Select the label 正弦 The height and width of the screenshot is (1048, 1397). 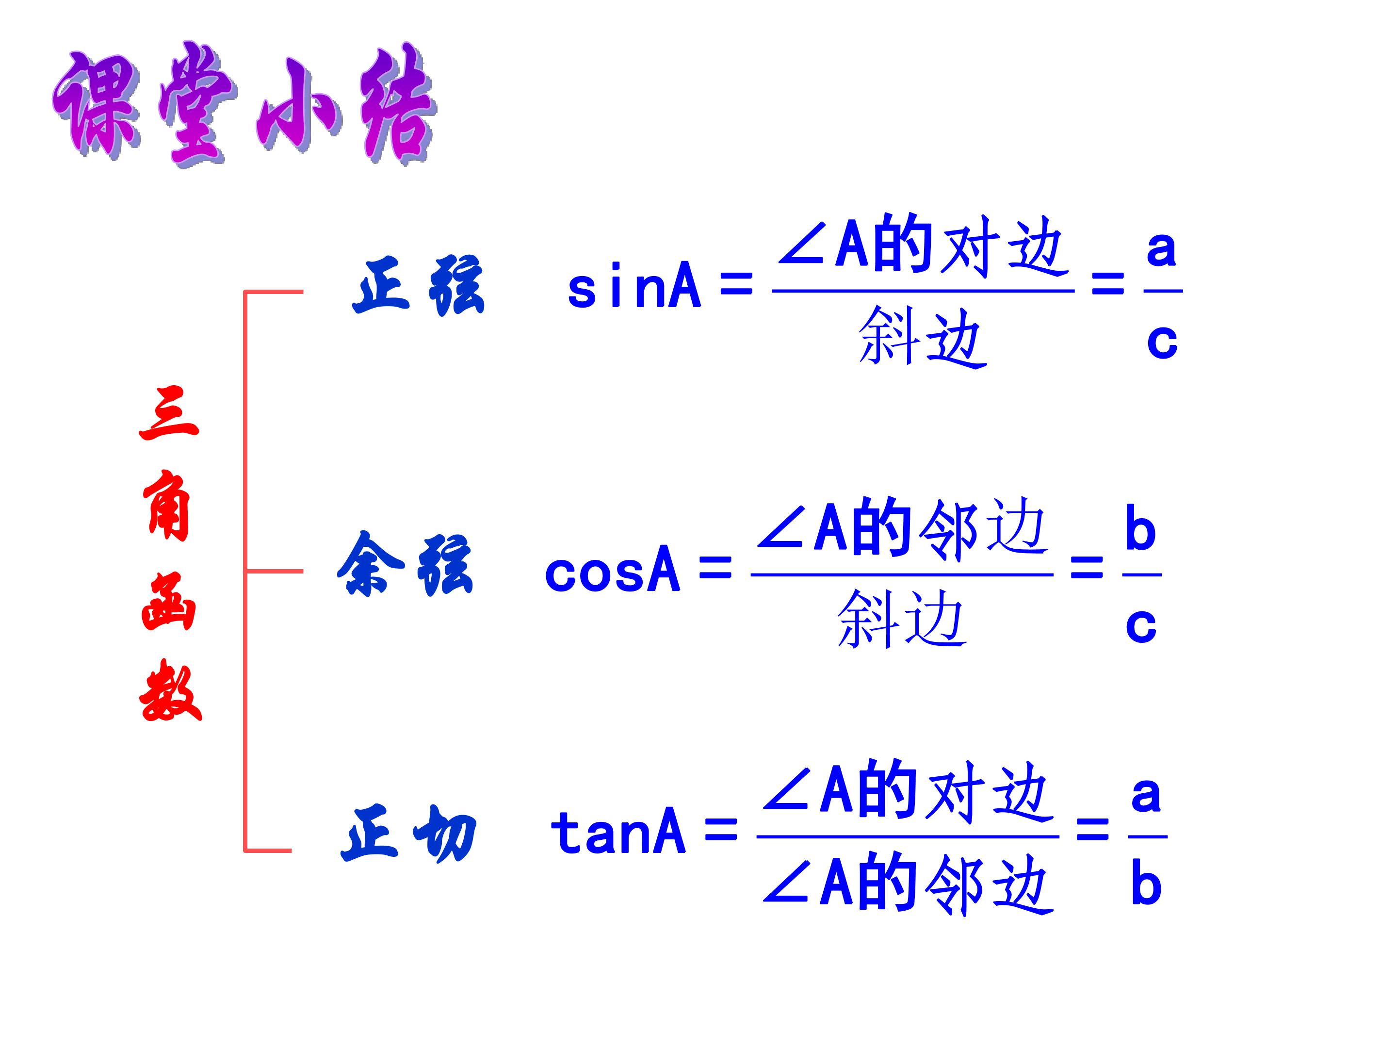418,285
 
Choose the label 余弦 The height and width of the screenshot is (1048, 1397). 405,564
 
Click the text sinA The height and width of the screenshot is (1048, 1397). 634,287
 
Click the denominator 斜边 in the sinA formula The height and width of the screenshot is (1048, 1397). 923,337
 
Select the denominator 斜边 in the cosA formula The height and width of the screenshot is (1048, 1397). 902,619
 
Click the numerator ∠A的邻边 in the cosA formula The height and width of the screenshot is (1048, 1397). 902,529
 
